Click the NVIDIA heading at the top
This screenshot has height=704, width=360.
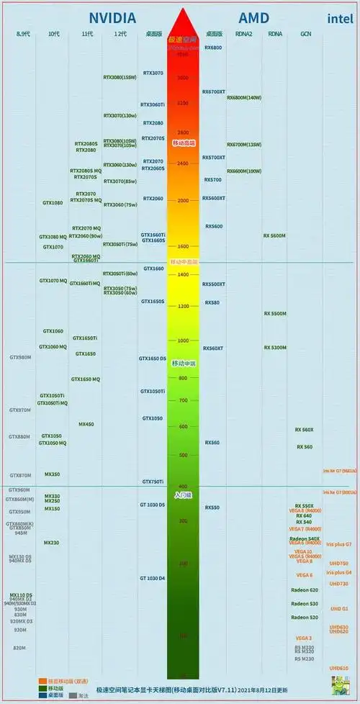point(112,18)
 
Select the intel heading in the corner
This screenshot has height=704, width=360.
point(339,19)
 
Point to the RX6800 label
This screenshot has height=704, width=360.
point(213,48)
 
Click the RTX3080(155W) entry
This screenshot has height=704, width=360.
point(120,78)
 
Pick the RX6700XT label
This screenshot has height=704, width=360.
point(214,92)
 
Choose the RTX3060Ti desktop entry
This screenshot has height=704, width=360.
point(153,104)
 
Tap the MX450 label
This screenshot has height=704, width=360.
point(86,424)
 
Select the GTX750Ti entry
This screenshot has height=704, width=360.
point(153,481)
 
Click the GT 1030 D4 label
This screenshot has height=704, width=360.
point(153,578)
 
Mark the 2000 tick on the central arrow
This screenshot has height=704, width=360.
point(183,201)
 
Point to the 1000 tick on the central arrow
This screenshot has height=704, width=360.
point(183,340)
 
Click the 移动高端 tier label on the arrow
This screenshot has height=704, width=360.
point(184,144)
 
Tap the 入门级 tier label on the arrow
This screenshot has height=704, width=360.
point(183,495)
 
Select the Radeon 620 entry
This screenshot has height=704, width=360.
point(304,590)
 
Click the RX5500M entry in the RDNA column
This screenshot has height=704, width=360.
point(275,314)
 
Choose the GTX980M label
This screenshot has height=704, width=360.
point(20,357)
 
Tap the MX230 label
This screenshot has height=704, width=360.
point(52,542)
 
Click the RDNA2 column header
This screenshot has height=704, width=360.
point(243,34)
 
